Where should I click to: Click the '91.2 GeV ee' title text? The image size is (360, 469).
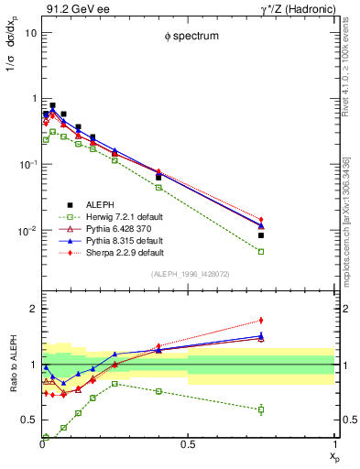pyautogui.click(x=71, y=8)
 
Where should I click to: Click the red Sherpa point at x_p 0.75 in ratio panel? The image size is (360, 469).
pyautogui.click(x=261, y=321)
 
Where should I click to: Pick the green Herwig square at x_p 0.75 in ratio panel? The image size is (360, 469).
pyautogui.click(x=261, y=409)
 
